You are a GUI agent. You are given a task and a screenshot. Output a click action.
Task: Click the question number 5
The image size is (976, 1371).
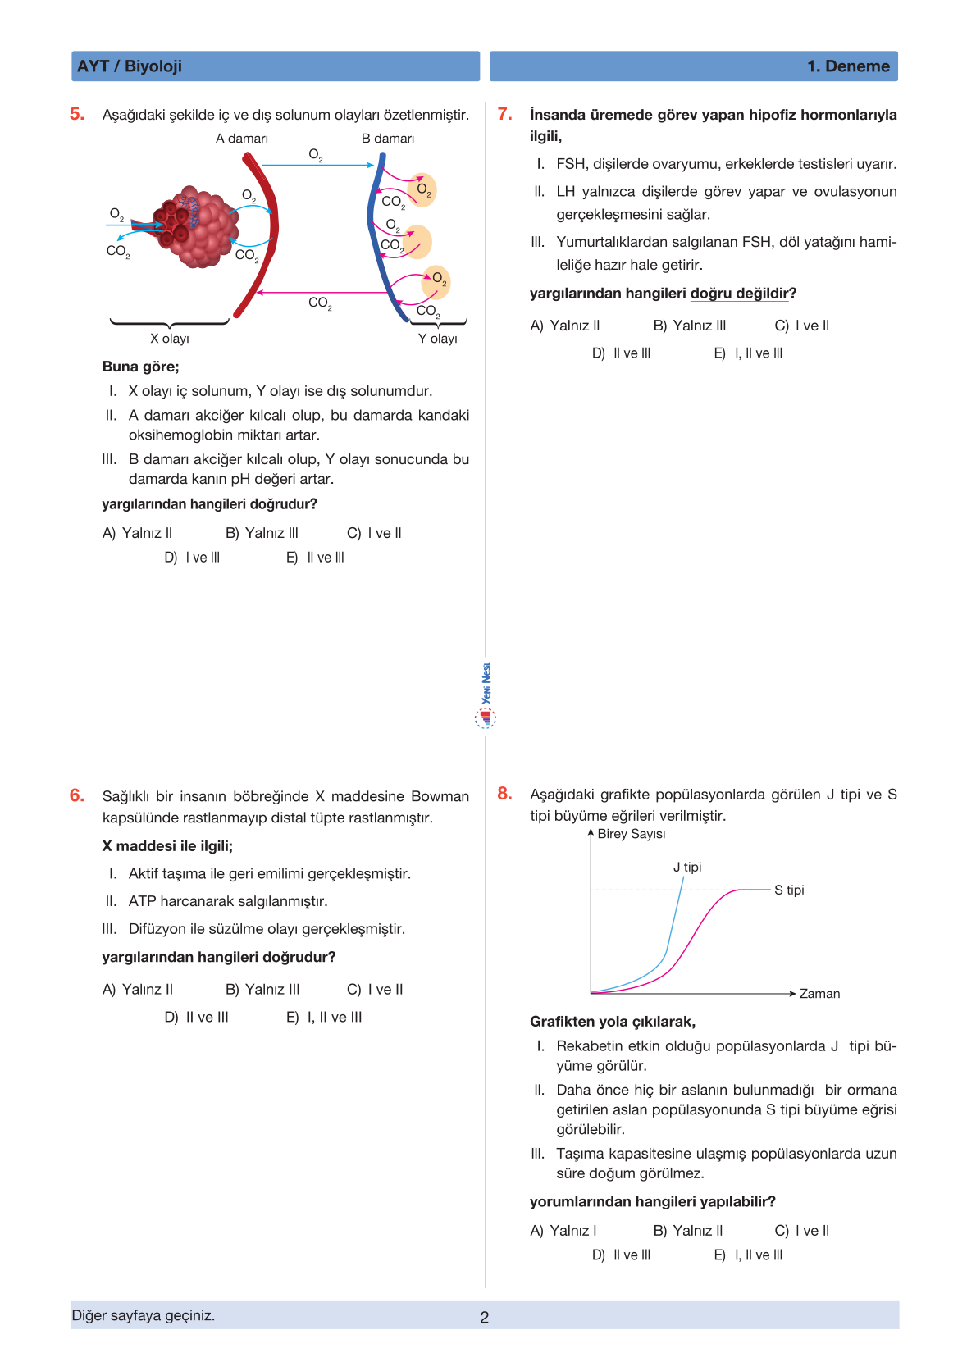tap(77, 114)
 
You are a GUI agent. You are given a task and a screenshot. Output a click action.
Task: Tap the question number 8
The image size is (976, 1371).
tap(504, 794)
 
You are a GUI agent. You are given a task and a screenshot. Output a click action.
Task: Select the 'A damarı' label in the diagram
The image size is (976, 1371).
tap(242, 139)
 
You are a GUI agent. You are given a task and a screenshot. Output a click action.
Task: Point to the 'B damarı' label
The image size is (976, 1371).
tap(388, 139)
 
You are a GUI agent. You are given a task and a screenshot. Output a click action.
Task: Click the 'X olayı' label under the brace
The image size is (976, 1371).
tap(170, 339)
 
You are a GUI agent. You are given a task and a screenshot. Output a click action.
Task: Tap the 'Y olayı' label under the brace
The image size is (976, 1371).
tap(438, 339)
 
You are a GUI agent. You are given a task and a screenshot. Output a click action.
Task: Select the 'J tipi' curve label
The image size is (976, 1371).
tap(687, 867)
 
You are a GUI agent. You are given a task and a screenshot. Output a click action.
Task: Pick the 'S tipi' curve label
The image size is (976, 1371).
tap(789, 890)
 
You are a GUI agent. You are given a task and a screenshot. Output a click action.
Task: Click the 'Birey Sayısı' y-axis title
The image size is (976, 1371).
tap(632, 834)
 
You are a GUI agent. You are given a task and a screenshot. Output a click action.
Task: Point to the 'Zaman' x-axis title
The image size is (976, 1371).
tap(819, 994)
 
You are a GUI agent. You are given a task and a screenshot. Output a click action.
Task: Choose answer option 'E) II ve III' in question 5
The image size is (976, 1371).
tap(316, 558)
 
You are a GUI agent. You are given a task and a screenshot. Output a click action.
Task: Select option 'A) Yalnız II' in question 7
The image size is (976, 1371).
tap(565, 326)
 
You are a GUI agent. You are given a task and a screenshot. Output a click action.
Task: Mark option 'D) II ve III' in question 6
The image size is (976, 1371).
tap(197, 1017)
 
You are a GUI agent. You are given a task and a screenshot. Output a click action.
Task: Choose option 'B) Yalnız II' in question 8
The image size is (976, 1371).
tap(688, 1231)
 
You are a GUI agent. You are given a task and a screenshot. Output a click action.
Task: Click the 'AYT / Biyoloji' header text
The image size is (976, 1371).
tap(130, 66)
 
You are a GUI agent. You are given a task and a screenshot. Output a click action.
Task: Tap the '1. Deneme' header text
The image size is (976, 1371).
tap(848, 66)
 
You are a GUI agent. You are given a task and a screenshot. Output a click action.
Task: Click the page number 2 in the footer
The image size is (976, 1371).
tap(485, 1317)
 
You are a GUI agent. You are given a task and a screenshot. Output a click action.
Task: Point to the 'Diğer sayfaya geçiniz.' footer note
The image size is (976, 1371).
tap(144, 1315)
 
